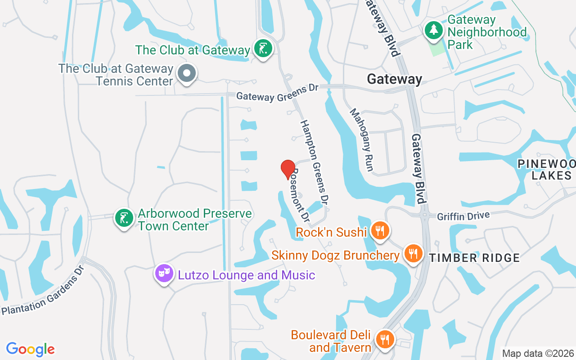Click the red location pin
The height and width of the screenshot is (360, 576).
click(288, 169)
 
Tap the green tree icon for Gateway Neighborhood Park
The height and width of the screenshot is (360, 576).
click(434, 30)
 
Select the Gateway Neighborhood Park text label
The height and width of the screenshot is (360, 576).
click(487, 32)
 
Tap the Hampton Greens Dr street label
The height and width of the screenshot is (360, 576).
click(313, 161)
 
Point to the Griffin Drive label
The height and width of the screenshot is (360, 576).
click(463, 216)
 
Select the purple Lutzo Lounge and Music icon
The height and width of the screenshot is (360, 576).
click(164, 273)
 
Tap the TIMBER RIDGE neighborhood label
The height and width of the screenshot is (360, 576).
click(474, 258)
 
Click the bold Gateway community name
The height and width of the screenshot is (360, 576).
click(395, 79)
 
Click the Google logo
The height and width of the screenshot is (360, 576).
click(31, 349)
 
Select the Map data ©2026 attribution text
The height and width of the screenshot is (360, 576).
click(538, 353)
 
